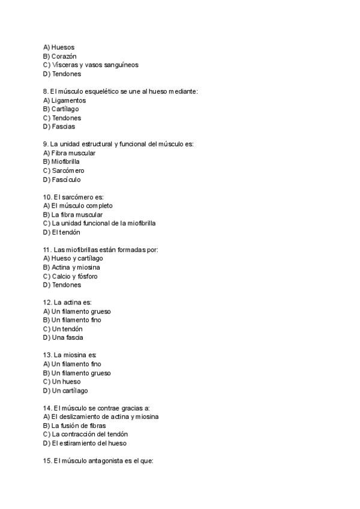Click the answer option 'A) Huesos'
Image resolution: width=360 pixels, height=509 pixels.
(59, 47)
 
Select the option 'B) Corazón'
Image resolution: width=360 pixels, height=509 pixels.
(60, 56)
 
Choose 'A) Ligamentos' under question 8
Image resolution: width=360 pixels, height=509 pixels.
(64, 100)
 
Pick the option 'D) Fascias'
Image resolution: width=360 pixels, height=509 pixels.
(59, 127)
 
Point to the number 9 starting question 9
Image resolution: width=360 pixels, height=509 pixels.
(46, 144)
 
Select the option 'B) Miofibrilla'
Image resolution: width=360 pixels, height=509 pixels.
(61, 161)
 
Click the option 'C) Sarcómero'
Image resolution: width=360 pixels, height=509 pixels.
(64, 170)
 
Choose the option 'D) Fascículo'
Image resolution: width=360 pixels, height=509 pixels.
(62, 179)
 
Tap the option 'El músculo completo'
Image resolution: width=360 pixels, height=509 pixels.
(82, 206)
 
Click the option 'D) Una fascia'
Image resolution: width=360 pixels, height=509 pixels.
(63, 337)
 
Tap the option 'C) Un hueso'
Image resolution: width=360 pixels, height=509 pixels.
(62, 382)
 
